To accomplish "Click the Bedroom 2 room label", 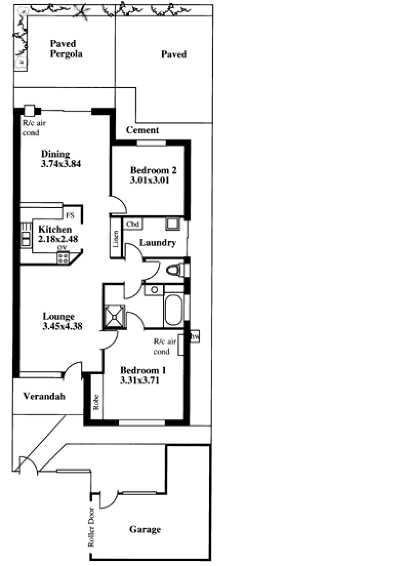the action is pyautogui.click(x=153, y=170).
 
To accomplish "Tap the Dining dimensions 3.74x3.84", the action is pyautogui.click(x=61, y=164).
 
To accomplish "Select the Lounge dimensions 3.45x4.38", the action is pyautogui.click(x=63, y=326).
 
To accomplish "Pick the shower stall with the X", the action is pyautogui.click(x=114, y=317).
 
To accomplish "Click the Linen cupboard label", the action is pyautogui.click(x=115, y=238).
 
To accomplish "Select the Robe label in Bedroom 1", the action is pyautogui.click(x=96, y=402).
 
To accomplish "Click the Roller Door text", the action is pyautogui.click(x=91, y=528).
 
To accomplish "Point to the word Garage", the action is pyautogui.click(x=145, y=530).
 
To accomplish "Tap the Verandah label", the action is pyautogui.click(x=45, y=396).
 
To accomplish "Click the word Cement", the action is pyautogui.click(x=142, y=130).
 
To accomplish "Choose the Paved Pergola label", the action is pyautogui.click(x=66, y=49).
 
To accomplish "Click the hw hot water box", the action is pyautogui.click(x=195, y=337).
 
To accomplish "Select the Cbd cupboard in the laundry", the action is pyautogui.click(x=132, y=224).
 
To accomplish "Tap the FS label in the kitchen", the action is pyautogui.click(x=70, y=215).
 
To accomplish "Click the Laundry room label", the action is pyautogui.click(x=158, y=242).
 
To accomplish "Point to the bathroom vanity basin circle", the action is pyautogui.click(x=154, y=290).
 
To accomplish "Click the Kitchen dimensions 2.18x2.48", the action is pyautogui.click(x=58, y=239).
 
